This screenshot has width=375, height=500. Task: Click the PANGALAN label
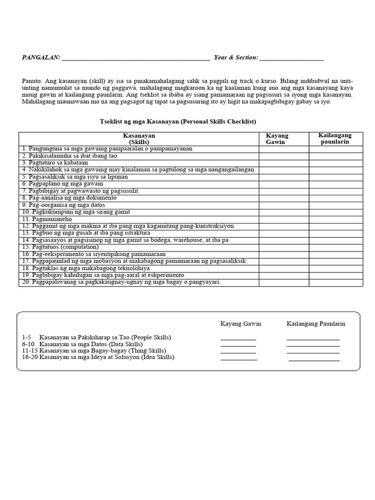41,58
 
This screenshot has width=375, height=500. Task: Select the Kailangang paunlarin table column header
335,139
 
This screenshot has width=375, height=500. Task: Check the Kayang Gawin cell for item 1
284,148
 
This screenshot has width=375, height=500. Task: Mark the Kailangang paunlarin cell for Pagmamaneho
335,219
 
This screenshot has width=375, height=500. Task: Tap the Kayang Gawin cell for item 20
284,283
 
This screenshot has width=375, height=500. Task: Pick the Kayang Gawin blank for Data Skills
238,345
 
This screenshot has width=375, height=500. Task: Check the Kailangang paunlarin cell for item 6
335,184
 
